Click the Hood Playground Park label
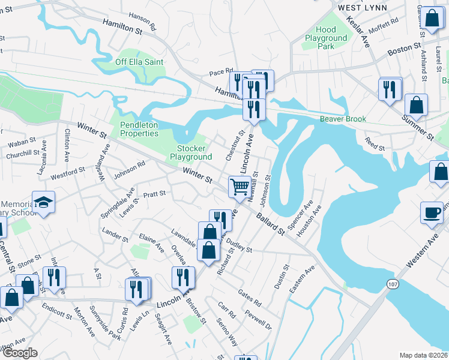(326, 38)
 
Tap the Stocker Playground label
(191, 152)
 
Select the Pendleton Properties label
(139, 129)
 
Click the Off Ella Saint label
(138, 61)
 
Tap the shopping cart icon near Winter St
(240, 187)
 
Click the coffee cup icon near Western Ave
(432, 212)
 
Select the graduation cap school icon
(44, 202)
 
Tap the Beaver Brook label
(343, 119)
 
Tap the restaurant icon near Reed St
(390, 89)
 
